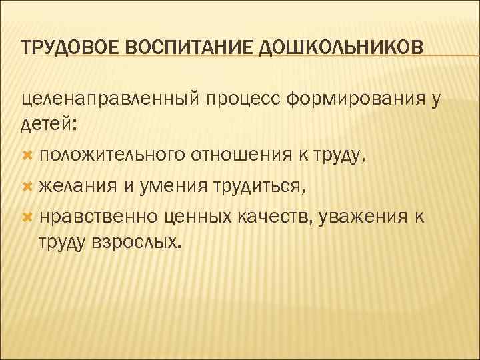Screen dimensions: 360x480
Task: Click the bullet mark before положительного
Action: [28, 155]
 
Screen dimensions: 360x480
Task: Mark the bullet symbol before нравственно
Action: [28, 217]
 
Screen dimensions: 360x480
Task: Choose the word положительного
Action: [111, 155]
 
